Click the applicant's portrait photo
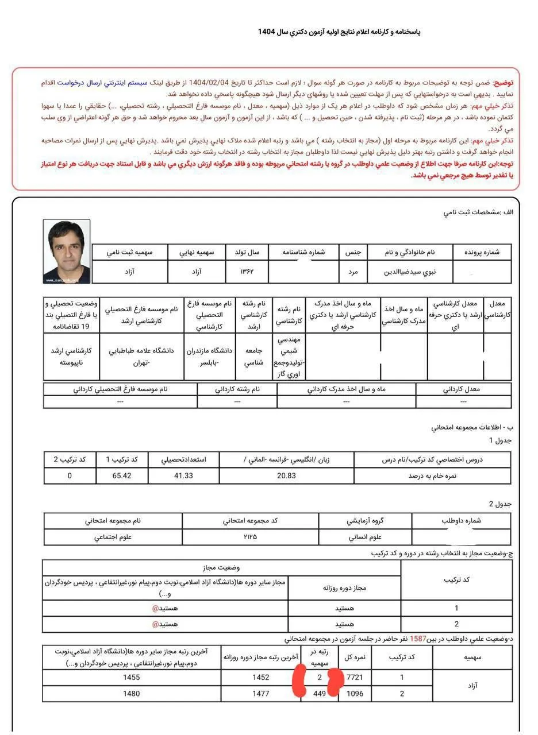tap(67, 252)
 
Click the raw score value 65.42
tap(122, 476)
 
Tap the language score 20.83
tap(286, 476)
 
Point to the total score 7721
tap(355, 678)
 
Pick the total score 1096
tap(355, 694)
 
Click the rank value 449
tap(320, 694)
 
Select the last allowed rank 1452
tap(260, 678)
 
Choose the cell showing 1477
tap(260, 694)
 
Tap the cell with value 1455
tap(132, 678)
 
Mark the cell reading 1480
tap(132, 694)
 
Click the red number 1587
tap(417, 639)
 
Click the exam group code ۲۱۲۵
tap(251, 537)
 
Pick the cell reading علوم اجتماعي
tap(112, 537)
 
